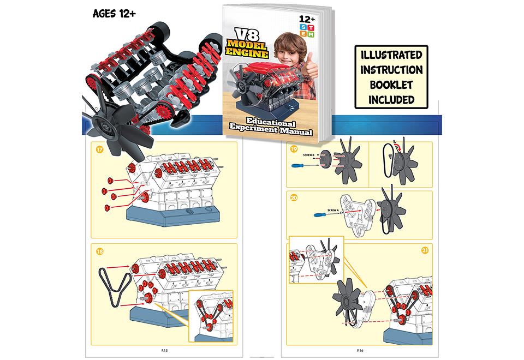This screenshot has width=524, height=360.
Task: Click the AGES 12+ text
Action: tap(114, 13)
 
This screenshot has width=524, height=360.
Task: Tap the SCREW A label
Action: tap(333, 209)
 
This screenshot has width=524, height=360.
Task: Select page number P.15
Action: tap(163, 349)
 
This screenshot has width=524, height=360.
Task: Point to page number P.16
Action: tap(361, 349)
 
